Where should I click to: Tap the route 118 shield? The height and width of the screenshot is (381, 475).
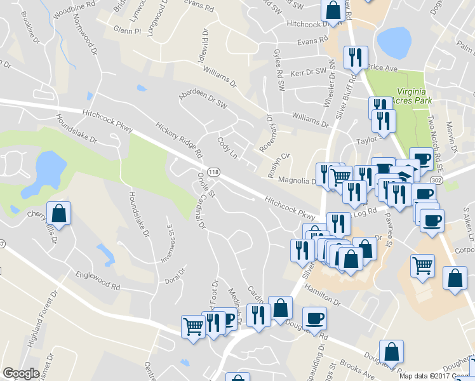coord(214,172)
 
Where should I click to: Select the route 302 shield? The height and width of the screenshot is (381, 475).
coord(436,180)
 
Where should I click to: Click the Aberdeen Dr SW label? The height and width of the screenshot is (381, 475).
coord(203,98)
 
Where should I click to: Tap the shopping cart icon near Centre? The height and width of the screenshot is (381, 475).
coord(194,326)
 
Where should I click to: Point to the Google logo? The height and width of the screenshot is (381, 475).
coord(21,374)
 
